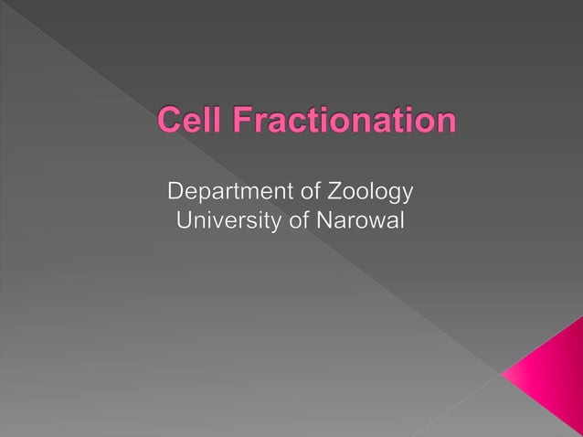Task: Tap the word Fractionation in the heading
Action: (338, 121)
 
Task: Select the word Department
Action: (228, 193)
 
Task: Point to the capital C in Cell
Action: (168, 121)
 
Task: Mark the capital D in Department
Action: (175, 193)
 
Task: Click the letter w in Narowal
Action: (375, 222)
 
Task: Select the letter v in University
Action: (216, 222)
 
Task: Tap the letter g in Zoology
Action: (392, 196)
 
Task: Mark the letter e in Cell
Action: (190, 123)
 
